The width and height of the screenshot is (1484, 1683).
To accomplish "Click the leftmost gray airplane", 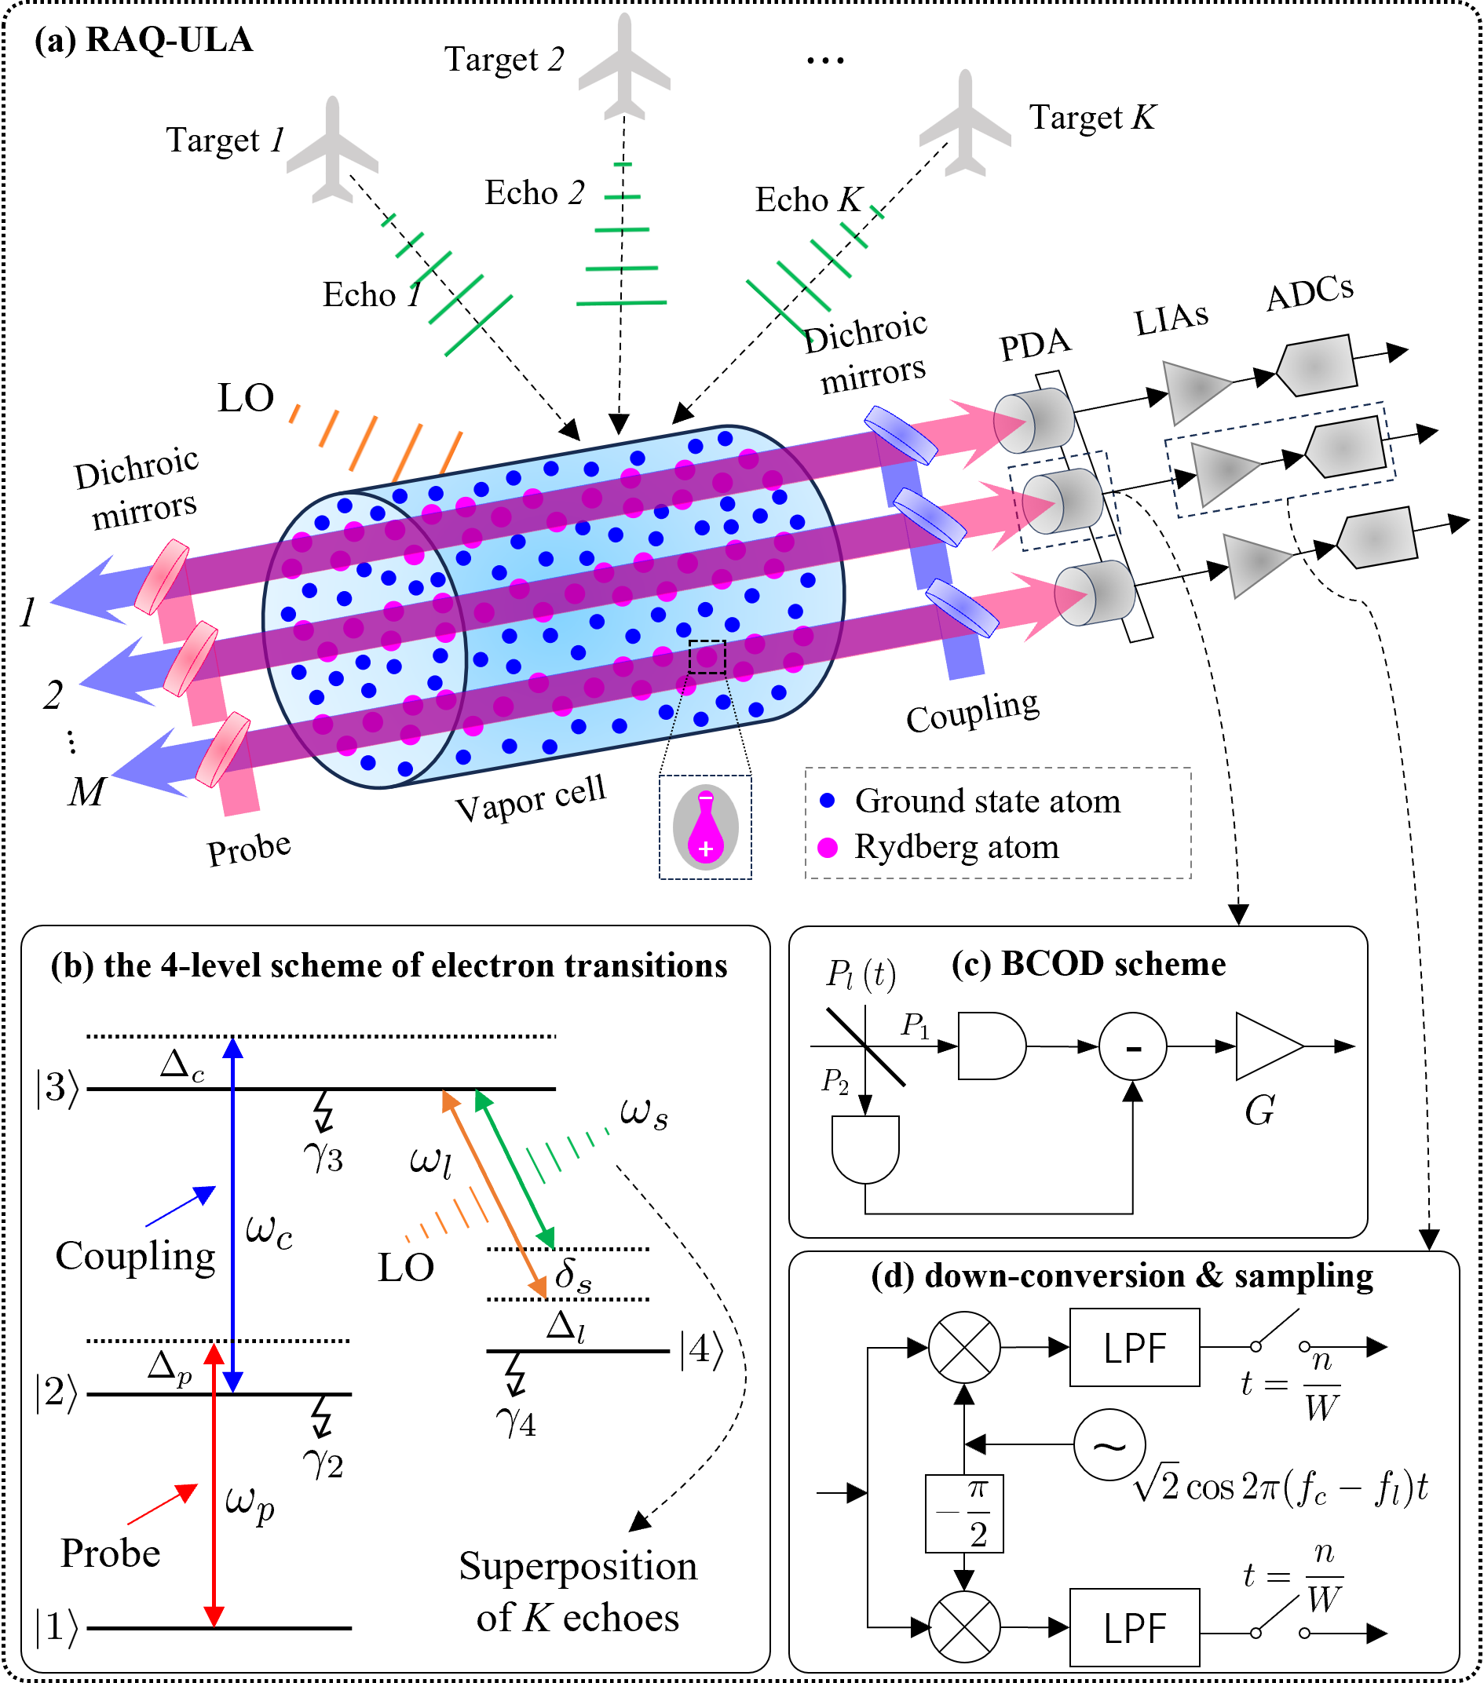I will (x=333, y=152).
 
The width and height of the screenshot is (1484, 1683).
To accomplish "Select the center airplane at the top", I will (x=624, y=69).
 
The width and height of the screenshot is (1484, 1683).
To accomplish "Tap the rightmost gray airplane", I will (x=965, y=125).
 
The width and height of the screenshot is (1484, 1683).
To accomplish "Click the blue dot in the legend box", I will (x=828, y=801).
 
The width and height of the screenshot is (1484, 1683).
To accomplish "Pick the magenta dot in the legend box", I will (x=828, y=848).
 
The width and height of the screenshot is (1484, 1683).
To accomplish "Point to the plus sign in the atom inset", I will (x=706, y=849).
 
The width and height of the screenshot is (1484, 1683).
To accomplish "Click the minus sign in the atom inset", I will (x=706, y=798).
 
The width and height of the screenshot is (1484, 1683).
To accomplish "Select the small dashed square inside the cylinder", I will (x=707, y=657).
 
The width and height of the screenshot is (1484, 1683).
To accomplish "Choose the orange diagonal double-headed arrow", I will (x=494, y=1194).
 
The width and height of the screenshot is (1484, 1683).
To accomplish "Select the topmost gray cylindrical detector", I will (x=1034, y=421).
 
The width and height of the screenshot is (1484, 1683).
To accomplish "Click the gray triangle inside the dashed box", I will (x=1221, y=472).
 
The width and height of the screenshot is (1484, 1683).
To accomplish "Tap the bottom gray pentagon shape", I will (x=1376, y=538).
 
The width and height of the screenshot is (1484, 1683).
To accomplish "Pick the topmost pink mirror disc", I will (x=163, y=577).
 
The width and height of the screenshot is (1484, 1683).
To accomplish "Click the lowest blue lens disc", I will (x=962, y=608).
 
